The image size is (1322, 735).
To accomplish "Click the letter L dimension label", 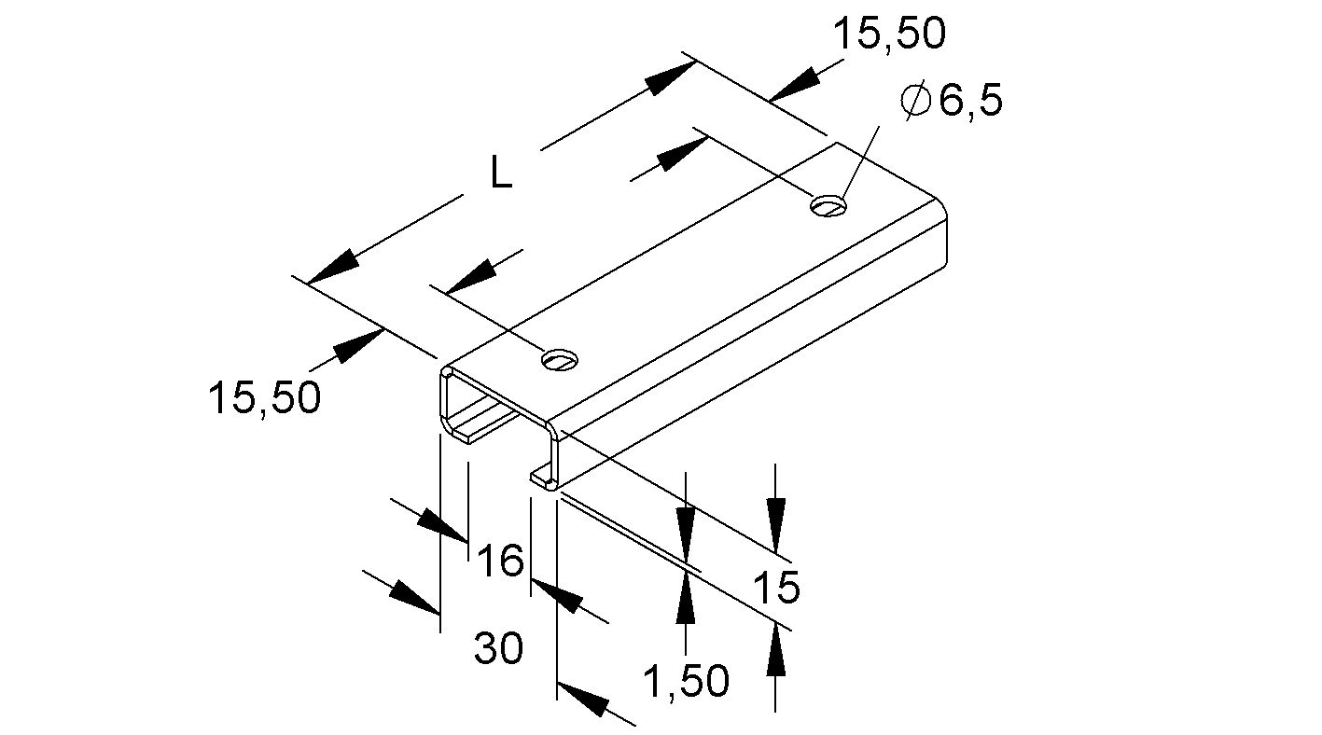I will [501, 173].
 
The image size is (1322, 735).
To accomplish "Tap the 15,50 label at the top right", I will [888, 35].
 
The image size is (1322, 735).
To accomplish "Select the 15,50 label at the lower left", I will [264, 398].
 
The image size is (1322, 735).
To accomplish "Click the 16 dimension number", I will [501, 562].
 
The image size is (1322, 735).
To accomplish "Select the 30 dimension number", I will [498, 648].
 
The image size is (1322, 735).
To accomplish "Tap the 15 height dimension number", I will [775, 589].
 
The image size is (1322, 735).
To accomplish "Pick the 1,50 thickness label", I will [687, 683].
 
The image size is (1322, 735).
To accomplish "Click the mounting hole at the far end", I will [828, 204].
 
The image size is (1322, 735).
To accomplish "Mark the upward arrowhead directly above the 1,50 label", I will [686, 597].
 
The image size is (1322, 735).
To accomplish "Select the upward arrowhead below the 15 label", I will [775, 649].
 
